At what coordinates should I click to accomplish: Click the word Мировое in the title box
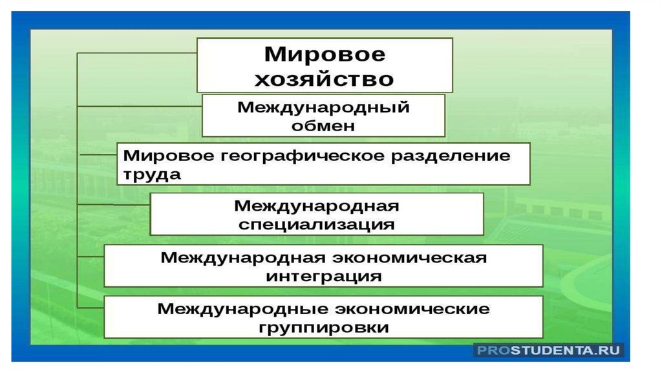(x=325, y=54)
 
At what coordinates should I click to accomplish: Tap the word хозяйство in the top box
(x=325, y=79)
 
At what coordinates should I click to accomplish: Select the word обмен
(x=323, y=125)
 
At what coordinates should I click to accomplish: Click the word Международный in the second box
(x=323, y=107)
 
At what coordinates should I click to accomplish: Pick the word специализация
(x=316, y=224)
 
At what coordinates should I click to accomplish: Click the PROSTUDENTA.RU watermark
(x=549, y=350)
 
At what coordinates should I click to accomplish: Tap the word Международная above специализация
(x=316, y=206)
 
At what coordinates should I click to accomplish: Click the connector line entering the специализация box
(x=114, y=204)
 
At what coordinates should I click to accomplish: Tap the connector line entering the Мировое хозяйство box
(x=137, y=53)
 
